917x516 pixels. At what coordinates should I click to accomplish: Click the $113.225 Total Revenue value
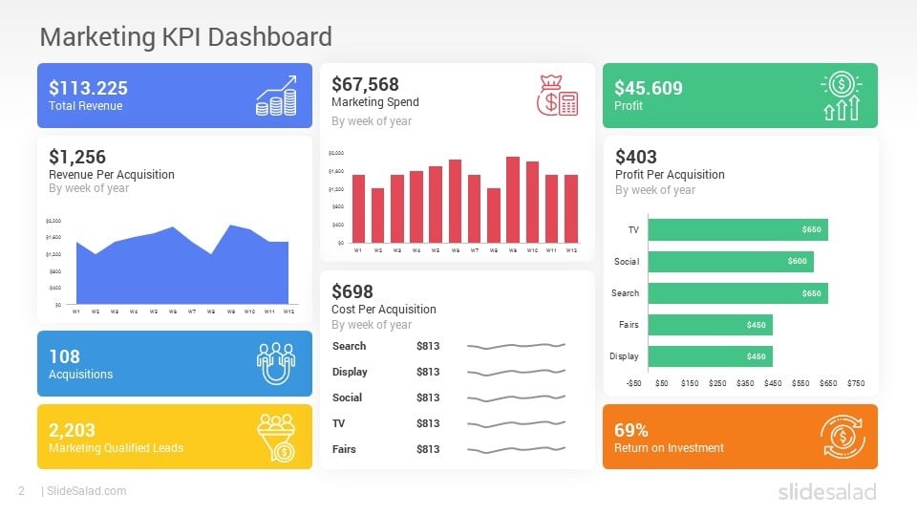click(x=88, y=88)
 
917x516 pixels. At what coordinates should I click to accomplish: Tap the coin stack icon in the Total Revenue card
click(x=276, y=96)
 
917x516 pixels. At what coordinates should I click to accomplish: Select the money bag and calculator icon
click(x=557, y=96)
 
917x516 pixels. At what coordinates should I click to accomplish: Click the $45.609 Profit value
click(x=649, y=88)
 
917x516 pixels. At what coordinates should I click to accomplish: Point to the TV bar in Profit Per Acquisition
click(x=737, y=229)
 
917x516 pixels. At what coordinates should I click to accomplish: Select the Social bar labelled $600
click(x=731, y=261)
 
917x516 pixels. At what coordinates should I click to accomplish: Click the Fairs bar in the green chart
click(x=710, y=325)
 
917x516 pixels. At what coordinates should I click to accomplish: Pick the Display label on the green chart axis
click(x=624, y=356)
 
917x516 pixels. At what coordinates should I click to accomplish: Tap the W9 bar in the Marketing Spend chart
click(x=513, y=200)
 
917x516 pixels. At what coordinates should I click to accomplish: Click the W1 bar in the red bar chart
click(x=358, y=208)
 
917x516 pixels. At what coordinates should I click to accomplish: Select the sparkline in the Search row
click(x=516, y=346)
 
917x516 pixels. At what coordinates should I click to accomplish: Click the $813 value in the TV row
click(x=428, y=423)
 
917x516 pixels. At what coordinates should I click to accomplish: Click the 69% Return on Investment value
click(x=631, y=430)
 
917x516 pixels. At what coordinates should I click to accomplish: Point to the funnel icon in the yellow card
click(x=276, y=436)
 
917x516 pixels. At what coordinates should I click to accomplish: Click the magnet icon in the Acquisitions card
click(x=276, y=362)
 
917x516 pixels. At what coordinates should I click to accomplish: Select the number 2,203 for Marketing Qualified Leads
click(x=72, y=430)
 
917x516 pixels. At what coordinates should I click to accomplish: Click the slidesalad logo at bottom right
click(x=825, y=491)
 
